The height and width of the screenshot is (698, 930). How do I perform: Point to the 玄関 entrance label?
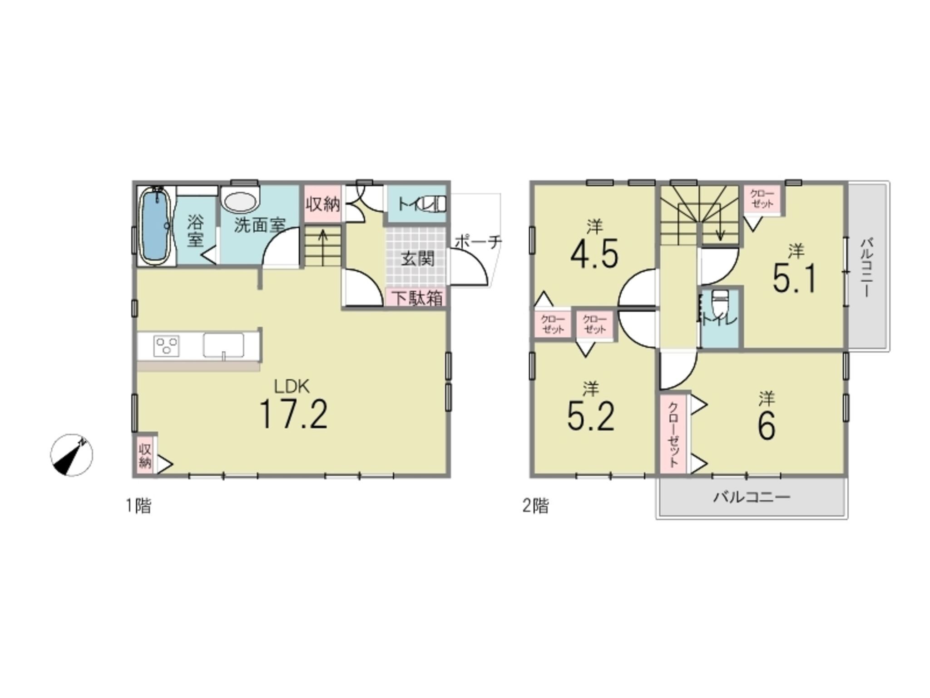click(x=417, y=259)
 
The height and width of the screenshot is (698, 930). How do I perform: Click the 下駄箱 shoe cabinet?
click(x=417, y=298)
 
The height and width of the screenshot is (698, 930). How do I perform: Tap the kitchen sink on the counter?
click(x=223, y=346)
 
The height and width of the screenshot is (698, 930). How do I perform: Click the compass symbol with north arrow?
click(x=71, y=454)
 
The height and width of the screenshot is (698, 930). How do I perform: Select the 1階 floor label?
click(x=138, y=506)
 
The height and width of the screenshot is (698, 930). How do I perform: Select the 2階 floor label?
click(x=535, y=506)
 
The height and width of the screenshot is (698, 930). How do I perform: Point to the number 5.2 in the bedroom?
click(x=591, y=417)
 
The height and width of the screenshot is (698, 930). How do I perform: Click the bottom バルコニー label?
click(x=752, y=496)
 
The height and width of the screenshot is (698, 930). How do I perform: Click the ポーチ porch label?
click(x=478, y=241)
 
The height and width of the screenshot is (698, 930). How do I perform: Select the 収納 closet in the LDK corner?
click(x=145, y=456)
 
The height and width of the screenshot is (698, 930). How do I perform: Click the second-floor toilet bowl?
click(x=718, y=303)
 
